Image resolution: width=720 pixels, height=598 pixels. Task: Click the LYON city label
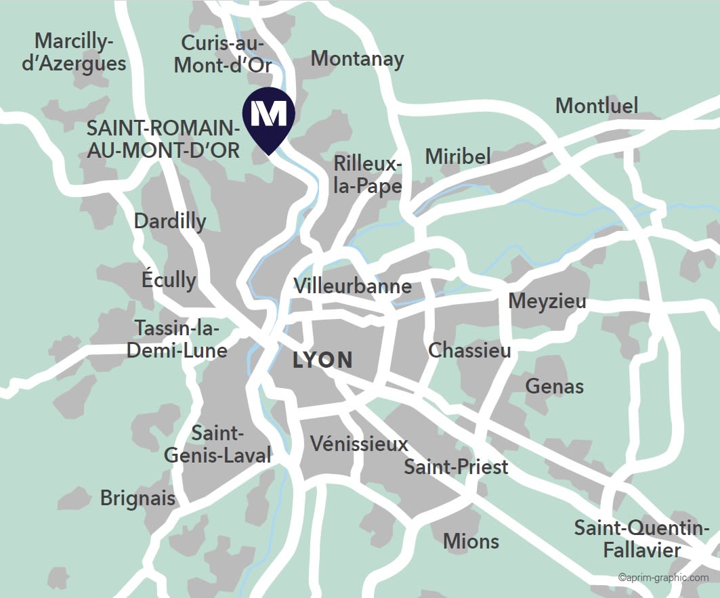pos(322,360)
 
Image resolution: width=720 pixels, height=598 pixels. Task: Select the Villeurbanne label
pos(352,286)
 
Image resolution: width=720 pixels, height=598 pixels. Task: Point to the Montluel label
pos(596,106)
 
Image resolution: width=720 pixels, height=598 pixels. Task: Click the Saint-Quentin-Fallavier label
pos(641,538)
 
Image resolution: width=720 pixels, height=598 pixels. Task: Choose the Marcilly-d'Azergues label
pos(74,52)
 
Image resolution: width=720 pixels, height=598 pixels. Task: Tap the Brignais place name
pos(137,498)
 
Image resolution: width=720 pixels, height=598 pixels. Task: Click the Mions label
pos(471,541)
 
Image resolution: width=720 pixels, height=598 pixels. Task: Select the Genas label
pos(554,386)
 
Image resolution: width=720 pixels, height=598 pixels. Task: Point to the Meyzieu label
pos(547,301)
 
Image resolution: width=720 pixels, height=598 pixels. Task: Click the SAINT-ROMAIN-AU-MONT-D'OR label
pos(163,139)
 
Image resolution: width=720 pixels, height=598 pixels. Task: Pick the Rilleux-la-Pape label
pos(368,174)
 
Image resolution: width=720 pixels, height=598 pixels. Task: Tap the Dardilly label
pos(170,221)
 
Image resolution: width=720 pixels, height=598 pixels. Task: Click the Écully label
pos(169,279)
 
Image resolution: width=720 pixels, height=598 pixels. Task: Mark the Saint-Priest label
pos(456,467)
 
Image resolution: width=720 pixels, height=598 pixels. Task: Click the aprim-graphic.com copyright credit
pos(662,578)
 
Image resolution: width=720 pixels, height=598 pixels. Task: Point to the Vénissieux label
pos(359,444)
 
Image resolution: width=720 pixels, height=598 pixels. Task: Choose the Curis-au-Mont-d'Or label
pos(223,54)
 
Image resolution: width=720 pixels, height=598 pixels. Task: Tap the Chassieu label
pos(469,350)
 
